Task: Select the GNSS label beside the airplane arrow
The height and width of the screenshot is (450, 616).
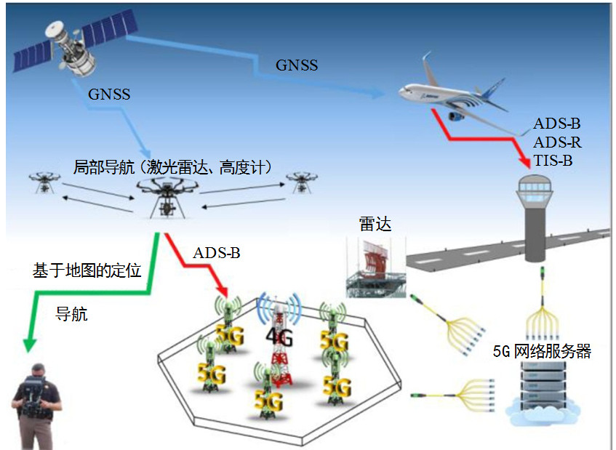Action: coord(297,65)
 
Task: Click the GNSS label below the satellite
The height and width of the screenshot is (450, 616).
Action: coord(109,95)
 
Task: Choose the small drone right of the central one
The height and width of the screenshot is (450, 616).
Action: coord(300,181)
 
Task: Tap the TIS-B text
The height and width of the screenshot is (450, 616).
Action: coord(553,161)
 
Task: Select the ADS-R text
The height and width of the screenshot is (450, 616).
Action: coord(557,142)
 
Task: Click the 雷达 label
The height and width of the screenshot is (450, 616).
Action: coord(375,224)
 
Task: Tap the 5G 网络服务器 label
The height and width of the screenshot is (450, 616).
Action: coord(542,352)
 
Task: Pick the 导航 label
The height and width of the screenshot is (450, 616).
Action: coord(72,315)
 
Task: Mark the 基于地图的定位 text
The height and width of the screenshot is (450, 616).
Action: coord(87,270)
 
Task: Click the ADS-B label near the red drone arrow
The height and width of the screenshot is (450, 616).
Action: coord(216,254)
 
